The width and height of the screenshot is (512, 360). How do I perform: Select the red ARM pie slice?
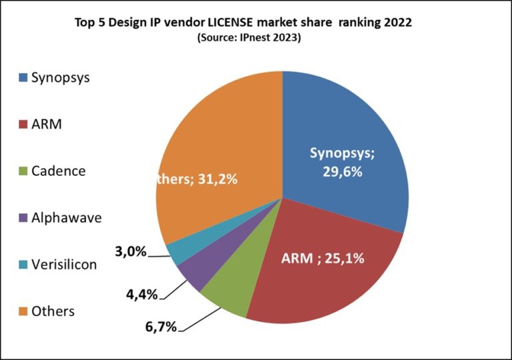[x=320, y=267]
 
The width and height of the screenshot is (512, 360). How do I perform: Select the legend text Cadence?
[x=59, y=171]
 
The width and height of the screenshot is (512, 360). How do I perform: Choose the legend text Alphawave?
[x=66, y=217]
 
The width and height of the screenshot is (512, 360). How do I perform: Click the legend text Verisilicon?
[x=64, y=265]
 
